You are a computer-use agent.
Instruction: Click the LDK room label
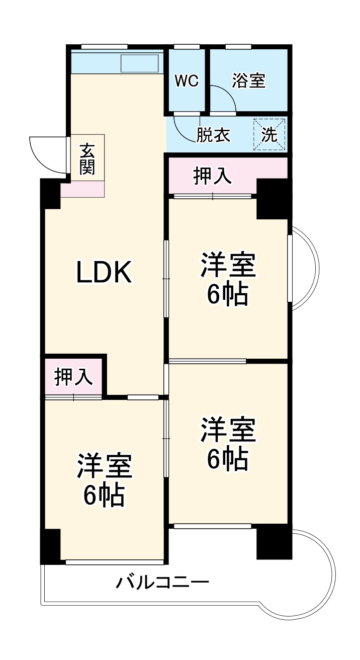pos(104,272)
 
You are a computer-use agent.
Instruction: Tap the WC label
pos(187,80)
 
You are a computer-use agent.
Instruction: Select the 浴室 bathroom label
pos(249,80)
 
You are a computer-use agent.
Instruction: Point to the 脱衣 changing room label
pos(213,135)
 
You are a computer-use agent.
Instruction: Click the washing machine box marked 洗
pos(269,134)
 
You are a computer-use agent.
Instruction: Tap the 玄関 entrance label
pos(87,158)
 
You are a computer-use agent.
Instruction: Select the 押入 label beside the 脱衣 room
pos(212,176)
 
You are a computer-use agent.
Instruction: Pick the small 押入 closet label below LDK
pos(73,377)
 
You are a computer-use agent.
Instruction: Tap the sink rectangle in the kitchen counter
pos(140,63)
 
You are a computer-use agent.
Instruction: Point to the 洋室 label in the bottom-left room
pos(104,466)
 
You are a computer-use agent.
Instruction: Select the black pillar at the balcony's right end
pos(274,542)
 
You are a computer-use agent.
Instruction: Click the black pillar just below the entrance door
pos(51,194)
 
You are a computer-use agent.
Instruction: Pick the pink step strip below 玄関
pos(82,189)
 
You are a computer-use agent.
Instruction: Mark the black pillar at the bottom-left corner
pos(50,546)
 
